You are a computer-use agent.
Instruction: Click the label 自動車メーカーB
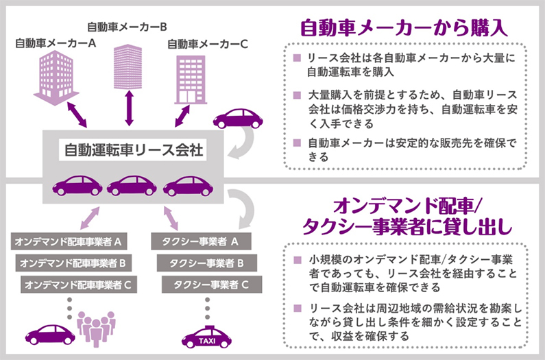128,27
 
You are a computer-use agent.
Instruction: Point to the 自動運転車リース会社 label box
133,149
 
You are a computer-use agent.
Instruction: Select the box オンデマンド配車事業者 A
69,242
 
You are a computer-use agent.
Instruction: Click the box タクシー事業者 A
200,242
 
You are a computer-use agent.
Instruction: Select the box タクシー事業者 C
207,283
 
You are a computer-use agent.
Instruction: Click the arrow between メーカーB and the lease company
128,108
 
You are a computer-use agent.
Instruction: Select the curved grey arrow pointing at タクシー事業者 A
241,209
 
